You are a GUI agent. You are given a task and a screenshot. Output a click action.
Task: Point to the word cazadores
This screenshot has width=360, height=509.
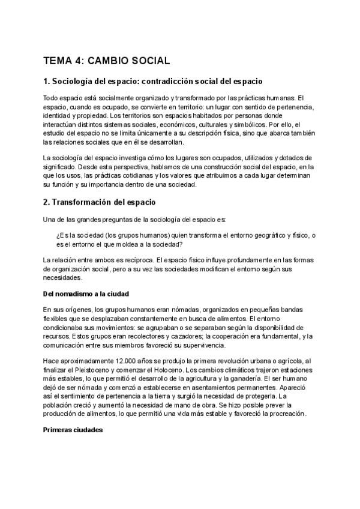[x=170, y=336]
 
